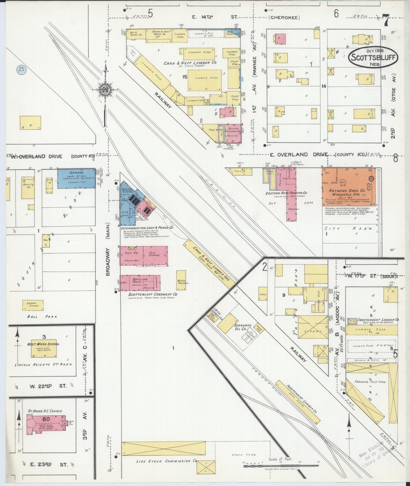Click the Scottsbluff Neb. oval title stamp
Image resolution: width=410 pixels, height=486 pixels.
[x=373, y=57]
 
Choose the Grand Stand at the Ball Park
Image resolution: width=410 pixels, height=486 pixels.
[x=33, y=305]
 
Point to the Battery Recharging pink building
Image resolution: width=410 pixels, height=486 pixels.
[x=234, y=133]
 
